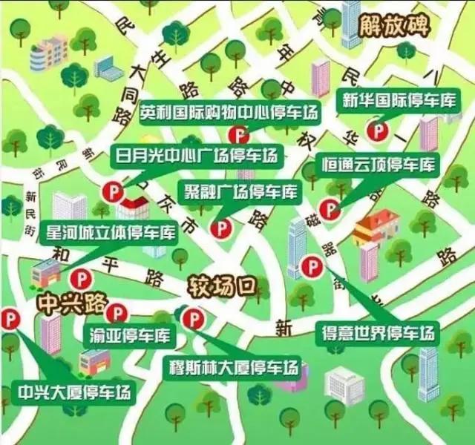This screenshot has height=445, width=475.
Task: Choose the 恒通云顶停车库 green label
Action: click(x=379, y=164)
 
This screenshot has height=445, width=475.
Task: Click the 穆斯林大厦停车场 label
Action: click(x=235, y=368)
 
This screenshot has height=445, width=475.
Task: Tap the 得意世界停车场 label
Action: click(x=377, y=332)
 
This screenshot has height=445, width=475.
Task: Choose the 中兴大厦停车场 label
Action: click(x=75, y=390)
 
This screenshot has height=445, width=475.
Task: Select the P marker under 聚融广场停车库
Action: click(x=220, y=228)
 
